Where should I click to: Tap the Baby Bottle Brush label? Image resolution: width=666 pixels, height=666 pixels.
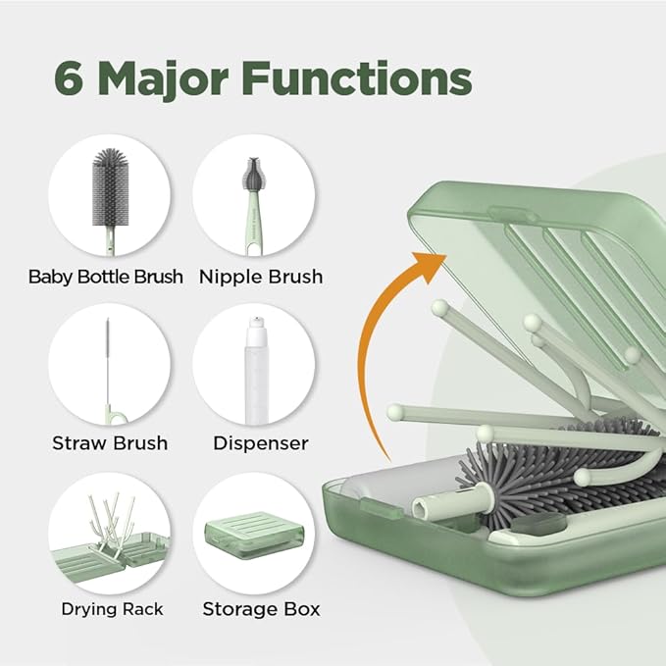click(106, 277)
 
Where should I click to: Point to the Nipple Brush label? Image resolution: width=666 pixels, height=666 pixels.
click(261, 277)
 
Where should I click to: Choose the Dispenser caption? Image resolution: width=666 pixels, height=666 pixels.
click(261, 443)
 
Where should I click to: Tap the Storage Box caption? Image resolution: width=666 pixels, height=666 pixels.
click(261, 609)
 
